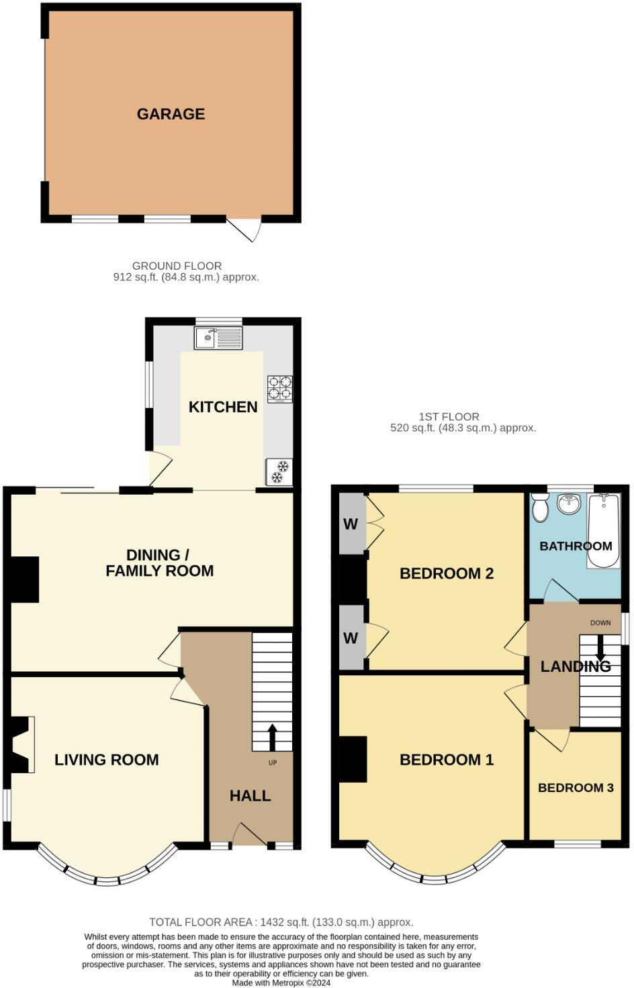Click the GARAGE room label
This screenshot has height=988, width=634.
(x=171, y=114)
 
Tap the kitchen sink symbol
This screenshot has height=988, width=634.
(x=219, y=338)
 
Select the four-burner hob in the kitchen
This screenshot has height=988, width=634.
(x=280, y=389)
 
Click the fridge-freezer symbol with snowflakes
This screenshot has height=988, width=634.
(x=279, y=472)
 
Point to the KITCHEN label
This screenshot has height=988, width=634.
(x=223, y=407)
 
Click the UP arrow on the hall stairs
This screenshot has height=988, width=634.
(x=272, y=736)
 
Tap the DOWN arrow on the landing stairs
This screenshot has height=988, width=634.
(x=600, y=647)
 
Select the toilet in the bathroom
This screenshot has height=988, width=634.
(x=539, y=508)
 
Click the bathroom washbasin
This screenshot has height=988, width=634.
(x=569, y=503)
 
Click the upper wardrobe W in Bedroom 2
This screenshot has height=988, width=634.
(x=351, y=524)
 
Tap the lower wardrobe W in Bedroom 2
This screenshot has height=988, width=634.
(x=351, y=638)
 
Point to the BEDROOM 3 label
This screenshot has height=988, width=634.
(x=576, y=787)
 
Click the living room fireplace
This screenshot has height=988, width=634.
(x=21, y=744)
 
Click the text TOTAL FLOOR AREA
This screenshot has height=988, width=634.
(x=200, y=922)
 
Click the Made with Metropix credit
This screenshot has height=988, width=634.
(x=281, y=983)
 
